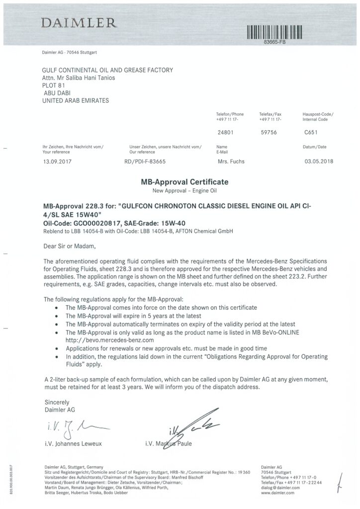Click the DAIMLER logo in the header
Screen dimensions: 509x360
click(79, 23)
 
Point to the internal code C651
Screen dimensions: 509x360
click(311, 133)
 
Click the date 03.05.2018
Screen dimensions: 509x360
click(318, 162)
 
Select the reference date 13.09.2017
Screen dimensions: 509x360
click(59, 162)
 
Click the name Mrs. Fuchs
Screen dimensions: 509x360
click(231, 162)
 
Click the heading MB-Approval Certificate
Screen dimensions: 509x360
click(184, 182)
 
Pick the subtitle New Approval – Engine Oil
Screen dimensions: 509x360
click(184, 191)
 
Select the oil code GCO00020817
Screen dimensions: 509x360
click(94, 223)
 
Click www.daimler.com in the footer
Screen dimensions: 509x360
click(277, 493)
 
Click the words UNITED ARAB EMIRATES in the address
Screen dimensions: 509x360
click(76, 100)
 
